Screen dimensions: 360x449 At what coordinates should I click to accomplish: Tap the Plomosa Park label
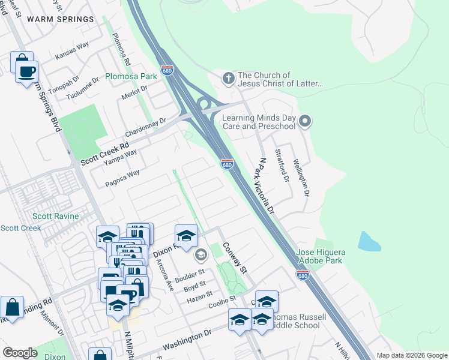tap(131, 76)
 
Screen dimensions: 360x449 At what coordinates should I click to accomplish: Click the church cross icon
tap(228, 79)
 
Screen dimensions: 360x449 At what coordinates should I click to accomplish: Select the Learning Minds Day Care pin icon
tap(305, 122)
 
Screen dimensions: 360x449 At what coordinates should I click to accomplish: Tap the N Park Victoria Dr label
tap(264, 186)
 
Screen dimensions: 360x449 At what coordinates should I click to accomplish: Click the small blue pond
tap(369, 241)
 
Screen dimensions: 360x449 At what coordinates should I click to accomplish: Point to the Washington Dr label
tap(187, 340)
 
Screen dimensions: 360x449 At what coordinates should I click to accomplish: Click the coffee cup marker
tap(26, 72)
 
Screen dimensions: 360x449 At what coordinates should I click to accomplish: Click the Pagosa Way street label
tap(122, 179)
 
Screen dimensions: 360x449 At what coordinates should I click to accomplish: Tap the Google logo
tap(20, 353)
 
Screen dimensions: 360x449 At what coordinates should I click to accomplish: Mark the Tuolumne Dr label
tap(82, 88)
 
